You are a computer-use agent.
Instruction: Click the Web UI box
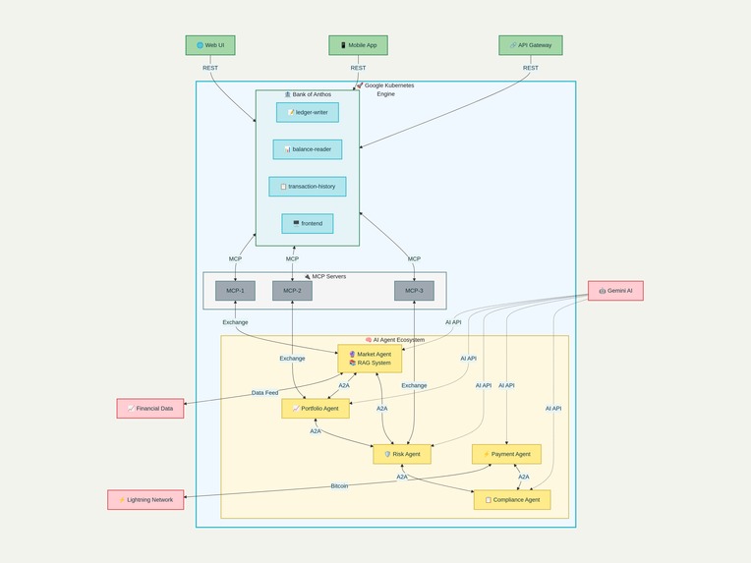coord(210,45)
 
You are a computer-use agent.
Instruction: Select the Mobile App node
coord(358,45)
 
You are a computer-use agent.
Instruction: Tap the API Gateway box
coord(531,45)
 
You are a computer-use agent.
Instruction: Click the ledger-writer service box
coord(308,112)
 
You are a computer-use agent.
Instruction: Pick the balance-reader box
coord(308,149)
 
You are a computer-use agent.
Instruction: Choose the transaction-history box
coord(308,187)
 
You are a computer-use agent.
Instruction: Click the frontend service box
coord(308,224)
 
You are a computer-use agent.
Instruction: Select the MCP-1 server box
coord(235,291)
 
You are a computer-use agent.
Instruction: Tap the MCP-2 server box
coord(292,291)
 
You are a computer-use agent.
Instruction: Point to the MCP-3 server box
coord(414,291)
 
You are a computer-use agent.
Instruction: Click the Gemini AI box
coord(615,291)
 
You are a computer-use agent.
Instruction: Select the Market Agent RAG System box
coord(370,359)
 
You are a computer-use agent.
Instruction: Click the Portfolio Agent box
coord(316,409)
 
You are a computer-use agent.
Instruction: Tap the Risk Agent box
coord(402,454)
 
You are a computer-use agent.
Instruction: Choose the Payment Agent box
coord(506,454)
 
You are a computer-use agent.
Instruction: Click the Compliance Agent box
coord(512,500)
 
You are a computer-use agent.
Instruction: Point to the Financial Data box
coord(150,409)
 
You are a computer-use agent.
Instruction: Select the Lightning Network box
coord(145,500)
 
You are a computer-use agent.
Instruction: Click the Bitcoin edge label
coord(339,486)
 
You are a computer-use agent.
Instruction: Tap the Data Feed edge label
coord(264,393)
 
